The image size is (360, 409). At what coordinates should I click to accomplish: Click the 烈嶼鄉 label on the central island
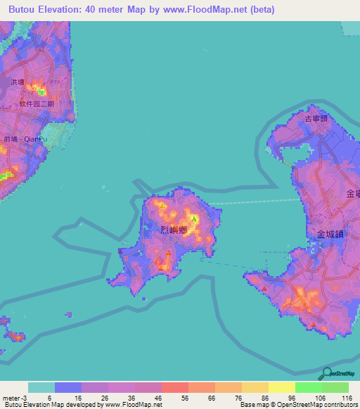tap(173, 229)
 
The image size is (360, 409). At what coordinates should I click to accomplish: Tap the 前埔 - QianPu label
tap(22, 139)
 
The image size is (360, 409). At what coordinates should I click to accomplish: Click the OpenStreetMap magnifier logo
tap(326, 373)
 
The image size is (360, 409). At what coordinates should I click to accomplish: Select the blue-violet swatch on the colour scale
tap(68, 387)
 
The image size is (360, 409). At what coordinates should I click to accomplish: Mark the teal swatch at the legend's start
tap(41, 387)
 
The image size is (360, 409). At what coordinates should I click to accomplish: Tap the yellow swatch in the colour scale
tap(281, 387)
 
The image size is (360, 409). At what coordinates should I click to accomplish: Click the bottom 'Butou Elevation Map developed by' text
tap(49, 405)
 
